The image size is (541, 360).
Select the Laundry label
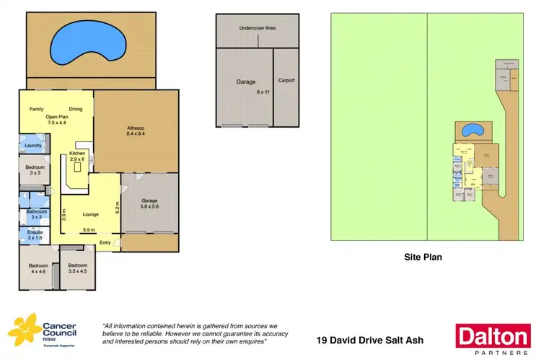coord(33,146)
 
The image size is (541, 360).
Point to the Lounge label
coord(91,214)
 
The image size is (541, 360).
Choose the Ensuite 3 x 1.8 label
coord(35,234)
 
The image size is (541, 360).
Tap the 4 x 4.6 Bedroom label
coord(37,268)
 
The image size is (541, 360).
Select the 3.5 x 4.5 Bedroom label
coord(77,268)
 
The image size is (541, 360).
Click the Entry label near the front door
coord(105,242)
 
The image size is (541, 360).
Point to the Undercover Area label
coord(258,28)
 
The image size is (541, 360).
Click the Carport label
coord(286,81)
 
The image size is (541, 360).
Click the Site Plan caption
coord(422,256)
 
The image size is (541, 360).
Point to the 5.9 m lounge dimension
coord(90,230)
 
